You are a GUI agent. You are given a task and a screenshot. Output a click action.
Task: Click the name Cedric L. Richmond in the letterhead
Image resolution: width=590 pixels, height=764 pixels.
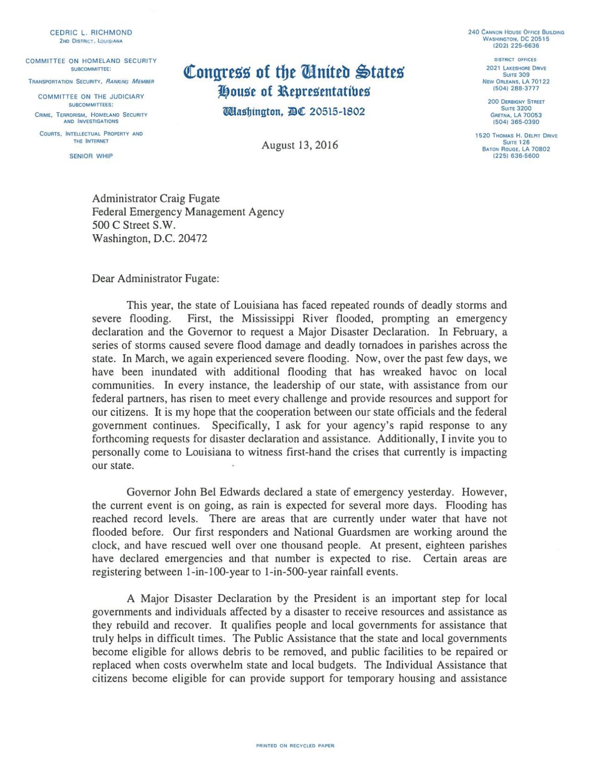click(x=91, y=33)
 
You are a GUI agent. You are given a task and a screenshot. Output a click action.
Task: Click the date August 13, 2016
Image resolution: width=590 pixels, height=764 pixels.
click(x=299, y=145)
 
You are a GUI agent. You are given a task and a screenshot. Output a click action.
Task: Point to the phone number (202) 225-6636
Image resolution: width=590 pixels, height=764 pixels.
click(x=516, y=46)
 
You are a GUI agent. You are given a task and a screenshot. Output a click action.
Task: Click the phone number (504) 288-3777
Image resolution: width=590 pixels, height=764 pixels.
click(x=516, y=88)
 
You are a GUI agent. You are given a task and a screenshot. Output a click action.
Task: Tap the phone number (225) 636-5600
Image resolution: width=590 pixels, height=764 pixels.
click(x=516, y=156)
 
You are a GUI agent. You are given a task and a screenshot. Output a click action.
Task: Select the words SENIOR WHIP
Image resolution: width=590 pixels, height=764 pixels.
click(x=91, y=156)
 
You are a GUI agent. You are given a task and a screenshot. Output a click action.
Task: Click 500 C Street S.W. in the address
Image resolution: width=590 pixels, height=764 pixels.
click(x=134, y=225)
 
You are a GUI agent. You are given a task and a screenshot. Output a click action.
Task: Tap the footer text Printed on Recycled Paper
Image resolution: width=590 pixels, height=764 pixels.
click(x=295, y=746)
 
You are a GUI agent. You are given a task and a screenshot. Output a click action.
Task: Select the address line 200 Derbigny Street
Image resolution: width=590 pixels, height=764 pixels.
click(x=516, y=102)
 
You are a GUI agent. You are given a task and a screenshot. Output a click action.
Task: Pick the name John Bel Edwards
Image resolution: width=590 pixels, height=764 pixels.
click(x=217, y=492)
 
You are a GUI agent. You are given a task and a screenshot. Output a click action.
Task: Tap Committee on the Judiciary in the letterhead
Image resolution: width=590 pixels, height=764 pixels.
click(x=91, y=97)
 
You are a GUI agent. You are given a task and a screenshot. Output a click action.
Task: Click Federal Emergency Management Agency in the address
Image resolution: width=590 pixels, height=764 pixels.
click(x=188, y=212)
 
